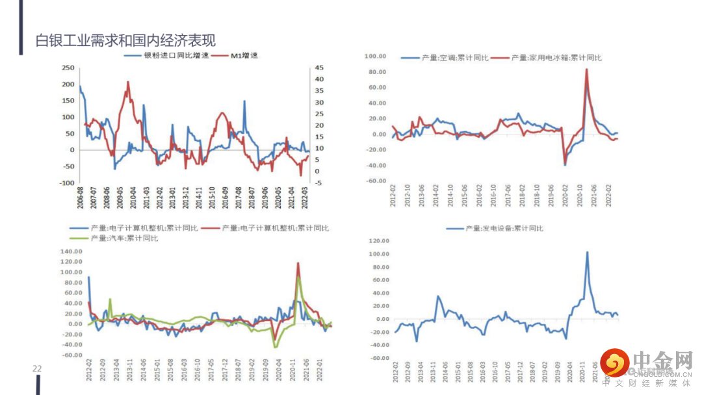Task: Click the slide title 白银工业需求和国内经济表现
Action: pyautogui.click(x=125, y=40)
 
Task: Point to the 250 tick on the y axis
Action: pyautogui.click(x=68, y=68)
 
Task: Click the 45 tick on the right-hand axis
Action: pyautogui.click(x=318, y=68)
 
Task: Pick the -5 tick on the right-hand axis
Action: pyautogui.click(x=317, y=183)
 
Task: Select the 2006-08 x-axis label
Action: pyautogui.click(x=81, y=197)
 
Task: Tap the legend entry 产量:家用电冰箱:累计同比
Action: pyautogui.click(x=556, y=58)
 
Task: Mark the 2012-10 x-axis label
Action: pyautogui.click(x=407, y=197)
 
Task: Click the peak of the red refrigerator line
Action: pyautogui.click(x=587, y=69)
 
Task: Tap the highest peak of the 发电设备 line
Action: pyautogui.click(x=587, y=252)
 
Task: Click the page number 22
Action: pyautogui.click(x=37, y=369)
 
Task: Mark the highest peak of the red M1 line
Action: pyautogui.click(x=127, y=82)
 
